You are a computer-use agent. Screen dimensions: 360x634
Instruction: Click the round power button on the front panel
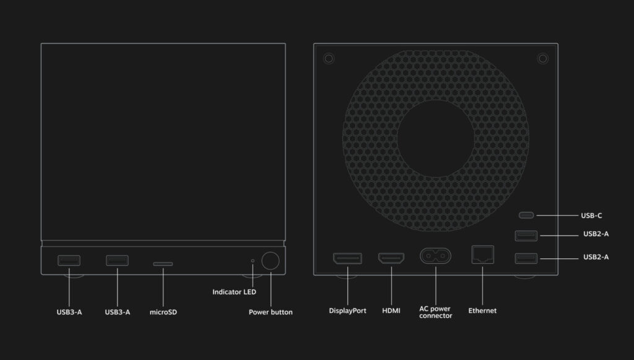coord(270,261)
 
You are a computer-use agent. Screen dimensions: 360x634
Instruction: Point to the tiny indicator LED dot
coord(253,261)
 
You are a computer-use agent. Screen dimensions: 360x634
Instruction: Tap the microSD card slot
coord(163,263)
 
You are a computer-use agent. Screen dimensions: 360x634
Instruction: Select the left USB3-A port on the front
coord(69,260)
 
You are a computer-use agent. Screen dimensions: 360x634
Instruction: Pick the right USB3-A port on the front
coord(117,260)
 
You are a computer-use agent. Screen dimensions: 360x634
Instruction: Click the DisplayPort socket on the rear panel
coord(347,258)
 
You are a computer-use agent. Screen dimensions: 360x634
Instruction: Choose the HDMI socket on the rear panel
coord(391,258)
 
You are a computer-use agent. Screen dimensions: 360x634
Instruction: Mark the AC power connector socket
coord(435,257)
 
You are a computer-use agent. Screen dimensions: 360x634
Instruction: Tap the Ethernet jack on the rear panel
coord(482,254)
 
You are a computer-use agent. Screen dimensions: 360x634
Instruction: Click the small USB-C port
coord(526,216)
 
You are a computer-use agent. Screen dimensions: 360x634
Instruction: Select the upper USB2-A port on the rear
coord(526,235)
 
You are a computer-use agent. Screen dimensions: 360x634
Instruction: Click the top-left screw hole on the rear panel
coord(329,58)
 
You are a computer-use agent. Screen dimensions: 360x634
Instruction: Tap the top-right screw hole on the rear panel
coord(543,58)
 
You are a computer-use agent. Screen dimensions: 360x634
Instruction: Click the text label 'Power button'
coord(271,312)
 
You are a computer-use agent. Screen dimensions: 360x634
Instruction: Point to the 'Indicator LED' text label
coord(234,292)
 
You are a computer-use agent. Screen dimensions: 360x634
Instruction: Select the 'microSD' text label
coord(163,312)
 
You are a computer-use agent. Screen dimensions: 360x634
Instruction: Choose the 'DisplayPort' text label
coord(347,310)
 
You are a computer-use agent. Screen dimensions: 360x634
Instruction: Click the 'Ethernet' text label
coord(482,310)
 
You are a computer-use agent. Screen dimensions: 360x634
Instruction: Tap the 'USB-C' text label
coord(591,216)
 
